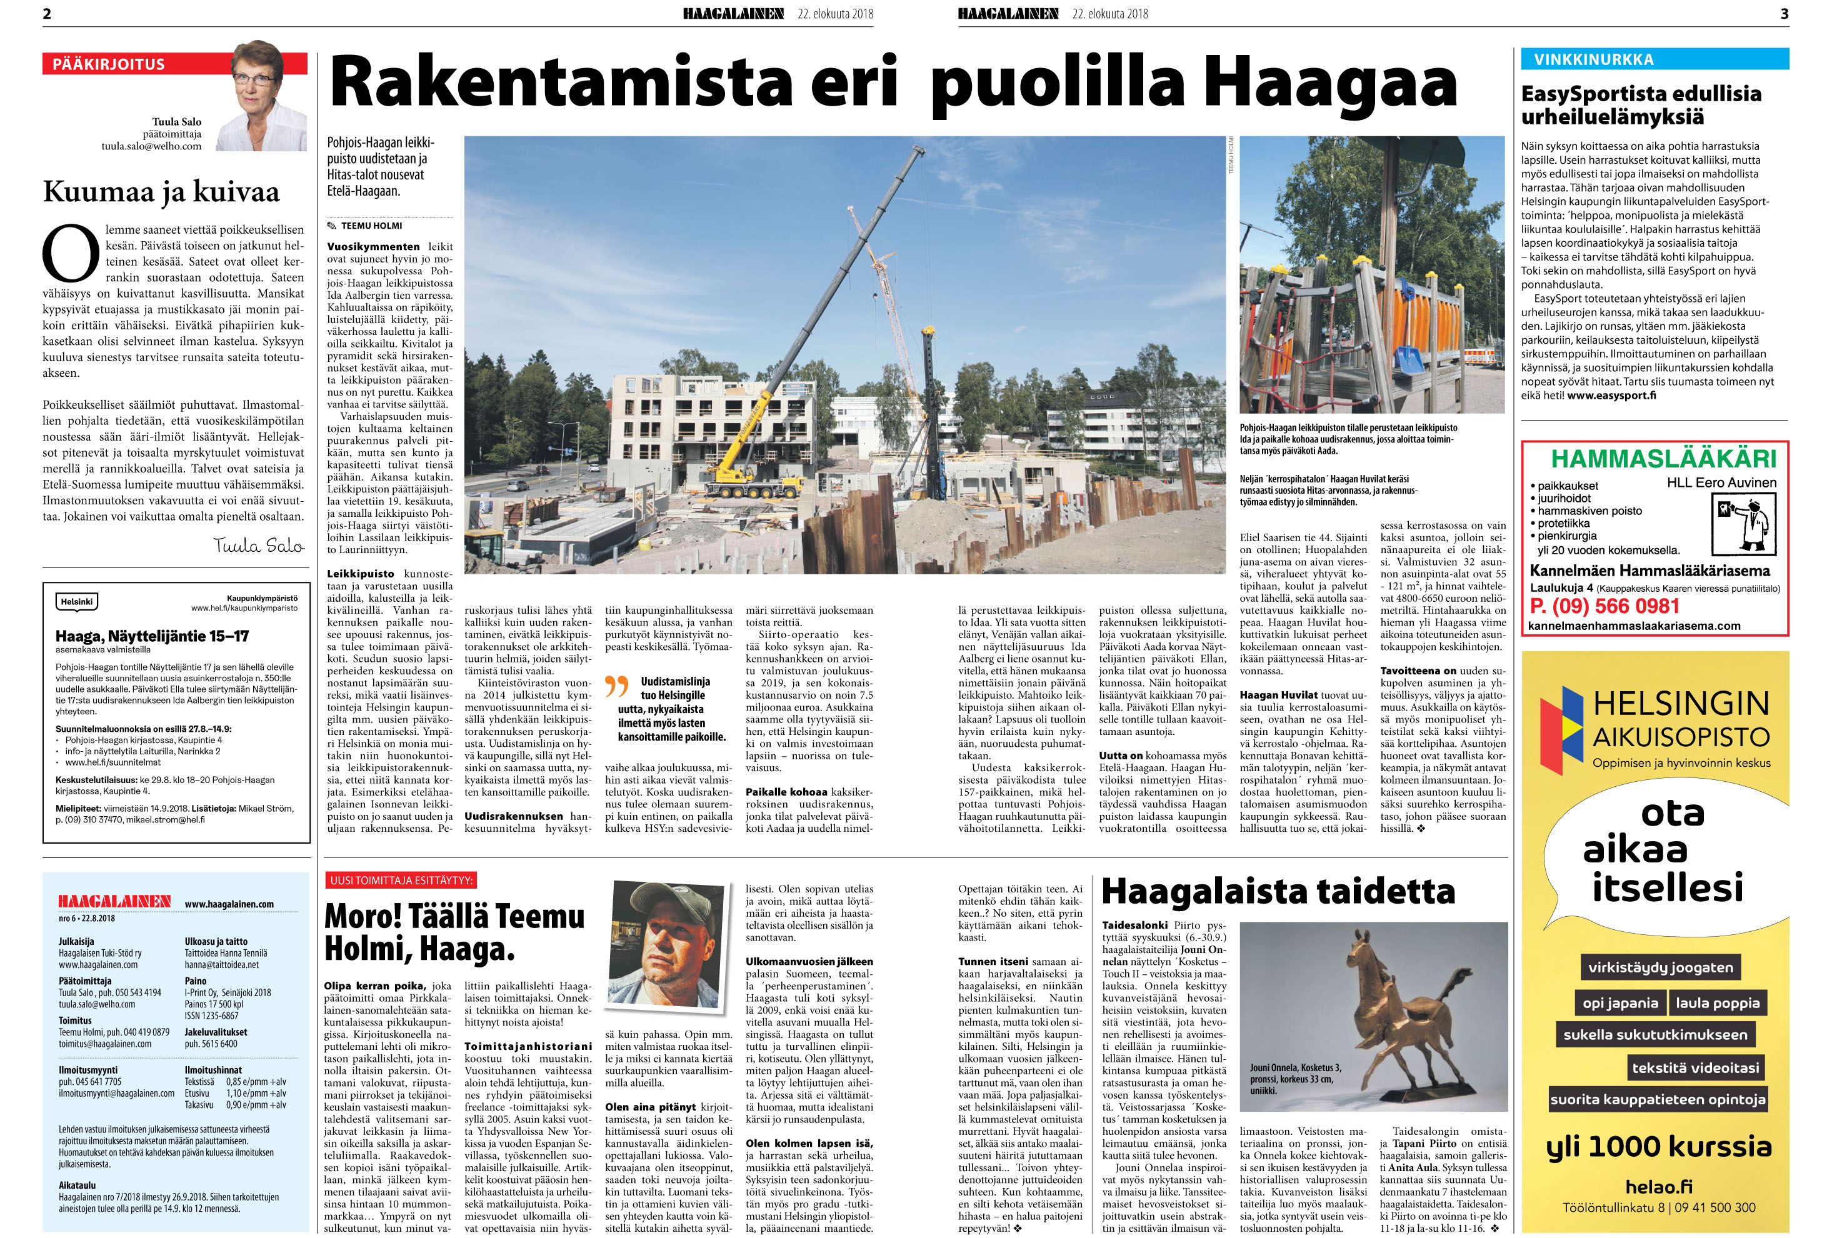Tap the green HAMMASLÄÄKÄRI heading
click(1663, 459)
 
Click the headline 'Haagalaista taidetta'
click(1278, 891)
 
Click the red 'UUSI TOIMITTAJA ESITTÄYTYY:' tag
click(401, 881)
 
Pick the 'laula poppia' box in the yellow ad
click(1718, 1003)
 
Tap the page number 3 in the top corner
click(1784, 13)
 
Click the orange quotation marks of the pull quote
click(616, 686)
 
